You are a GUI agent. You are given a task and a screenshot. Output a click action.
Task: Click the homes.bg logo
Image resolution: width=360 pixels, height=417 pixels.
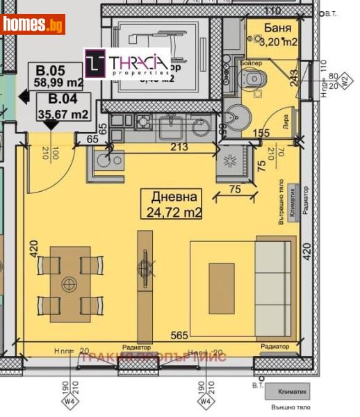33,24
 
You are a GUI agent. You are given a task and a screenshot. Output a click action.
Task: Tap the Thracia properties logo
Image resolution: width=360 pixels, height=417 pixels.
127,63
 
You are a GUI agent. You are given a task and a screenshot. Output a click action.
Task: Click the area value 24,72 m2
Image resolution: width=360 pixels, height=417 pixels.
174,212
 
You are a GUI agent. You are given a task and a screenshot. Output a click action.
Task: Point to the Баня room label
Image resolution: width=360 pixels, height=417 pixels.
277,28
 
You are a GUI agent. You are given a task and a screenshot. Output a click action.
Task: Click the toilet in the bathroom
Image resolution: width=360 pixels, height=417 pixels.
254,79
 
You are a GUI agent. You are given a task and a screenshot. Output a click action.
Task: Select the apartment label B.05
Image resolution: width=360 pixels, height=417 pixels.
51,69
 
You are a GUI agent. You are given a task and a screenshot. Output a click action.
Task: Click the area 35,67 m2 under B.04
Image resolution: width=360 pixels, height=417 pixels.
63,114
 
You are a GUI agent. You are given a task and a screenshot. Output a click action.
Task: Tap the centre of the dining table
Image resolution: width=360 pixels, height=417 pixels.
69,284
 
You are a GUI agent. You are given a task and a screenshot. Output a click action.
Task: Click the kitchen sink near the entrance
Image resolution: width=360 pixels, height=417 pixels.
105,161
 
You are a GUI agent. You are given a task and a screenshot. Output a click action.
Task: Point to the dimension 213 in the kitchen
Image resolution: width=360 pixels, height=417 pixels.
179,147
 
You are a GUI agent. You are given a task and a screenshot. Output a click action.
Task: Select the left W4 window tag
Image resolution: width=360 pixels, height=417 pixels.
69,400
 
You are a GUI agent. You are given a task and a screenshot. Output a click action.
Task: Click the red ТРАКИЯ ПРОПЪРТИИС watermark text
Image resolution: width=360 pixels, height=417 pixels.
153,357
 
